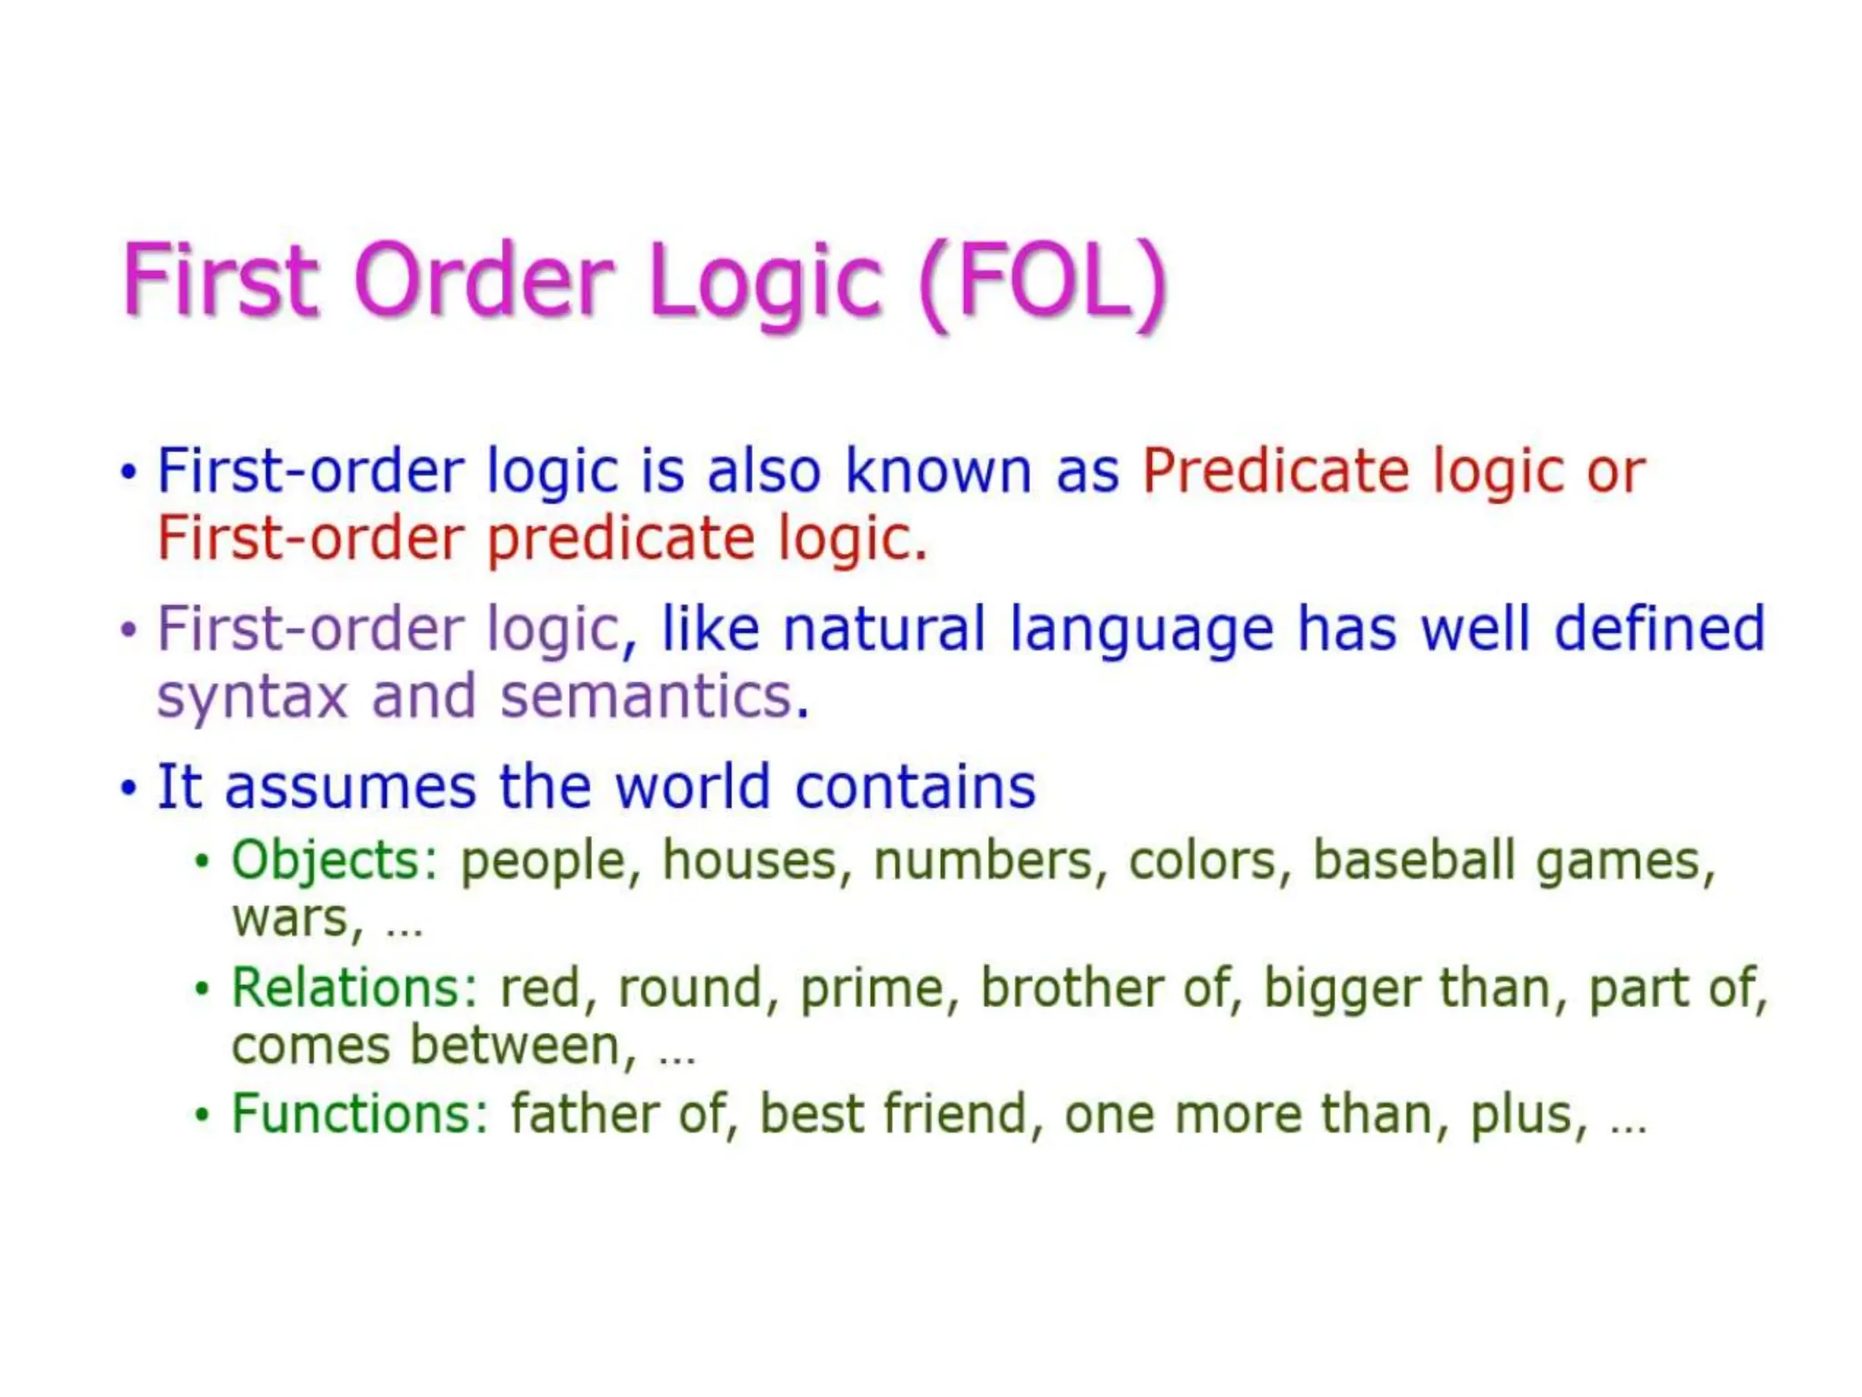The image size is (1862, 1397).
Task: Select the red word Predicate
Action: click(x=1275, y=471)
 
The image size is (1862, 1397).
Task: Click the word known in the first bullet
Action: click(x=938, y=471)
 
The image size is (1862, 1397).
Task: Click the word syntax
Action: click(x=253, y=698)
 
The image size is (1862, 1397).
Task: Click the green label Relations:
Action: click(x=355, y=988)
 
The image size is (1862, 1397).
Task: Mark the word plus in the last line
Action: click(x=1526, y=1115)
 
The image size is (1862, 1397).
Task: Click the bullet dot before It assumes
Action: click(x=128, y=788)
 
